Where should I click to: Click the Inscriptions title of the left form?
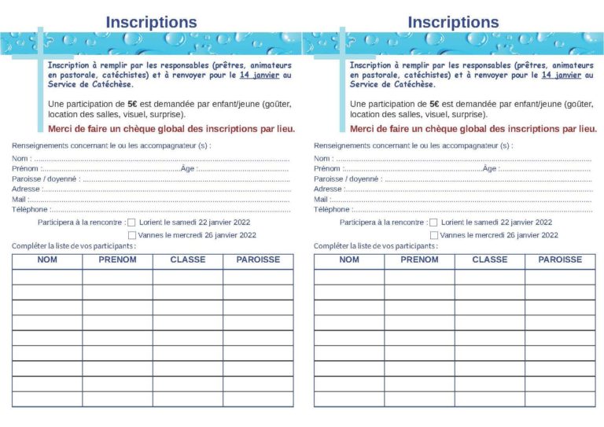pos(151,22)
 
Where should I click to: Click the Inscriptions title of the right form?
pos(453,22)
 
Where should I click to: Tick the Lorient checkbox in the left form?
pos(131,223)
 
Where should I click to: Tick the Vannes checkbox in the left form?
pos(131,235)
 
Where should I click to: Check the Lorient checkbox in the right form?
pos(433,223)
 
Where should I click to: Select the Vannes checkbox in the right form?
pos(433,235)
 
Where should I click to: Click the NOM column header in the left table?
pos(47,260)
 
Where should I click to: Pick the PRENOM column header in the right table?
pos(419,260)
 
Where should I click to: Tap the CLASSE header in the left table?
pos(188,260)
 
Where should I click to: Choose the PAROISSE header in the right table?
pos(560,260)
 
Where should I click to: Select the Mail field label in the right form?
pos(321,200)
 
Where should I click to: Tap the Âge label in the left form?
pos(187,168)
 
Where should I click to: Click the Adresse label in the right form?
pos(328,190)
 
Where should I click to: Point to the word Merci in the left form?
pos(61,128)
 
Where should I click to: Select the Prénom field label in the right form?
pos(327,168)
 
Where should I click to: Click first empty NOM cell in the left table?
pos(47,277)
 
